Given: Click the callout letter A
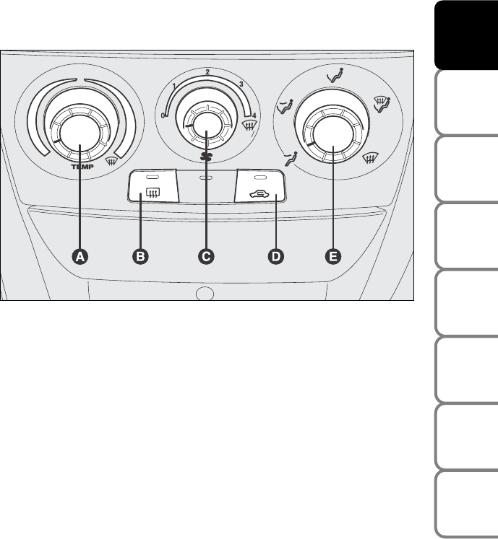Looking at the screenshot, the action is tap(80, 257).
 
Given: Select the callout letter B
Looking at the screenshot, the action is tap(140, 257).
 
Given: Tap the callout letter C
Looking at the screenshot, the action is tap(206, 257).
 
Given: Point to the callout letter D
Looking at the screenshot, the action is tap(276, 257).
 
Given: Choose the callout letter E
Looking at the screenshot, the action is tap(333, 257).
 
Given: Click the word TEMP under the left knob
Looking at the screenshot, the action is tap(82, 167).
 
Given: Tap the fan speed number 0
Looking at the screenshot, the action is tap(163, 115).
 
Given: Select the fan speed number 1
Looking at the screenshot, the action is tap(174, 86).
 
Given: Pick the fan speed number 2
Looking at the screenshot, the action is tap(207, 72).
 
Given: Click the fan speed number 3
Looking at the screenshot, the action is tap(241, 84).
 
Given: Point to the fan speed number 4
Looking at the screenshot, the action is tap(254, 116).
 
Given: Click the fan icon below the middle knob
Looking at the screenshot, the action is tap(205, 157).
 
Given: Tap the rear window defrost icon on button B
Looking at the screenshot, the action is tap(153, 193).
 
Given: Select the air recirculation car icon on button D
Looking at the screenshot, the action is tap(259, 195).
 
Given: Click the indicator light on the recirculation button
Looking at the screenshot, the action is tap(260, 178).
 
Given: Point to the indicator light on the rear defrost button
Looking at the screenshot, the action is tap(152, 178).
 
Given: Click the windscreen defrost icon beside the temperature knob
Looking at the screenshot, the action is tap(111, 160).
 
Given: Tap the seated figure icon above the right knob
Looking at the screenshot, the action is tap(335, 75).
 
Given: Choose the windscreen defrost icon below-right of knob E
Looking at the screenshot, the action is tap(371, 158).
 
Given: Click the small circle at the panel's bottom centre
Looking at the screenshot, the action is tap(205, 294).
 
